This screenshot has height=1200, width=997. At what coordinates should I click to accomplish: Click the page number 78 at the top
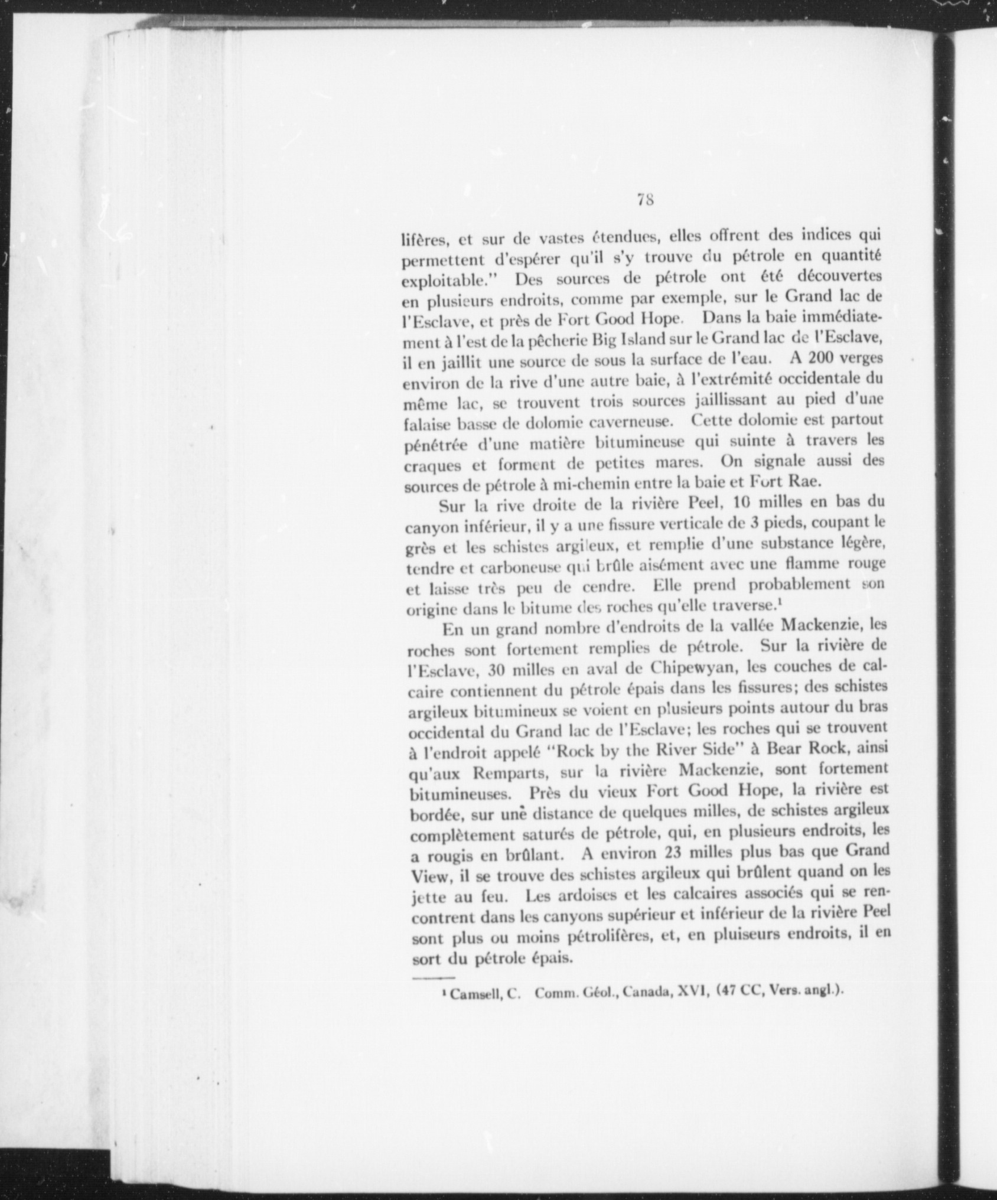pos(644,200)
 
